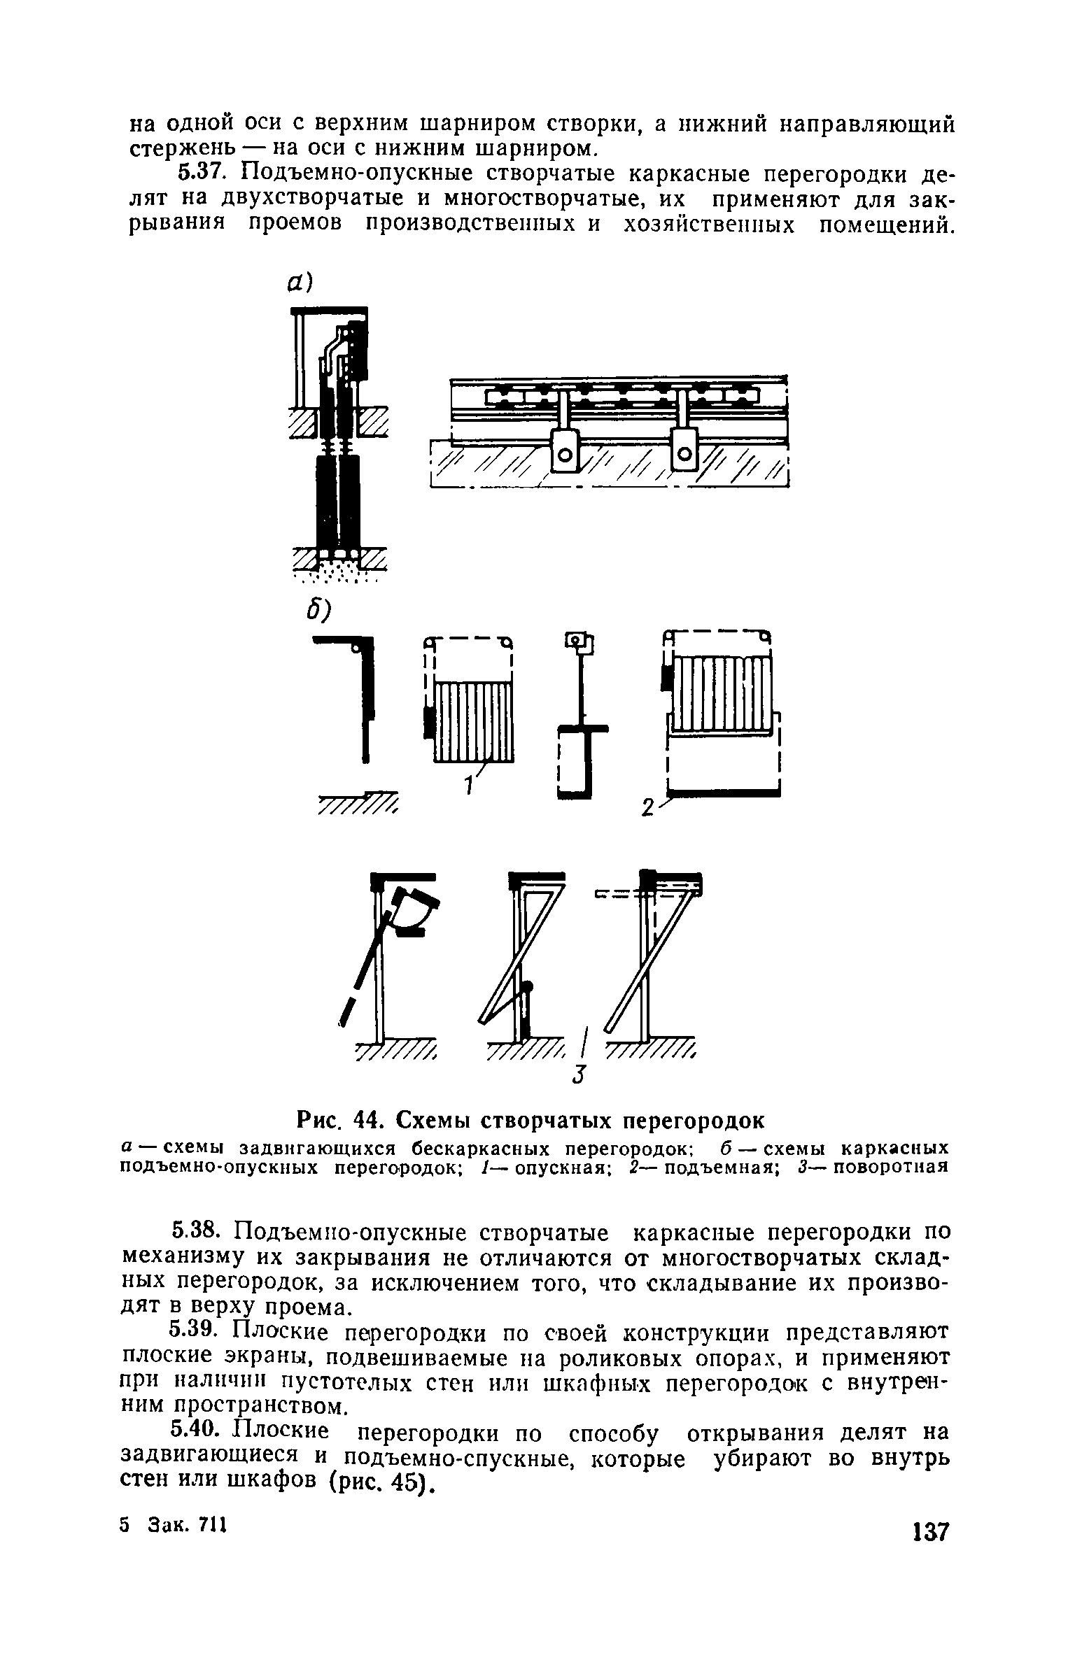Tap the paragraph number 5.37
point(205,173)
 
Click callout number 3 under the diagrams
point(577,1075)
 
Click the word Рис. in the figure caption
point(318,1121)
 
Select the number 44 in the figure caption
point(371,1121)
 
